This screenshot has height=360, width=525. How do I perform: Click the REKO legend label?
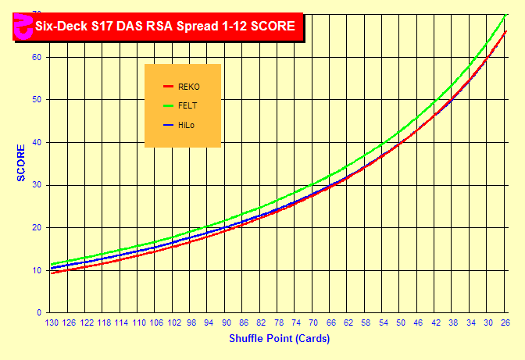pyautogui.click(x=190, y=87)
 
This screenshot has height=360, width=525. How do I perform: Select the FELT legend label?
pyautogui.click(x=188, y=105)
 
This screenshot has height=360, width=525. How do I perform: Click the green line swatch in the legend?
pyautogui.click(x=167, y=105)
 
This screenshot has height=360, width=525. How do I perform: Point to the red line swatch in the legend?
pyautogui.click(x=167, y=87)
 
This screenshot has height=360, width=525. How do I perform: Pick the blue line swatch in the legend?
pyautogui.click(x=167, y=125)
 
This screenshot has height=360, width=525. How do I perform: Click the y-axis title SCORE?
pyautogui.click(x=22, y=162)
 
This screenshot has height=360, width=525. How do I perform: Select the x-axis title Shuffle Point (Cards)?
pyautogui.click(x=279, y=338)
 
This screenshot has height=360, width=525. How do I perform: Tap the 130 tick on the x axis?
pyautogui.click(x=52, y=323)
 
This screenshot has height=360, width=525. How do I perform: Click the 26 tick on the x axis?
pyautogui.click(x=505, y=323)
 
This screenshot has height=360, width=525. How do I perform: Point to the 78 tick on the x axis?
pyautogui.click(x=279, y=323)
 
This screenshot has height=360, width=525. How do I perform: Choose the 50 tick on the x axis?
pyautogui.click(x=401, y=323)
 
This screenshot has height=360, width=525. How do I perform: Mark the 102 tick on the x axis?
pyautogui.click(x=174, y=323)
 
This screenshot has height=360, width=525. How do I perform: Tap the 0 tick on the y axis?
pyautogui.click(x=39, y=312)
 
